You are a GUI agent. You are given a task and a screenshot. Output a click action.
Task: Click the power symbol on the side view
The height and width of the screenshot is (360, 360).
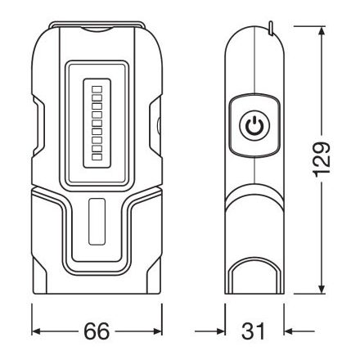pyautogui.click(x=253, y=126)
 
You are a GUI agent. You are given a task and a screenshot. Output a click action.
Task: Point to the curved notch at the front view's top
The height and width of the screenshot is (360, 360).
pyautogui.click(x=96, y=30)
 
